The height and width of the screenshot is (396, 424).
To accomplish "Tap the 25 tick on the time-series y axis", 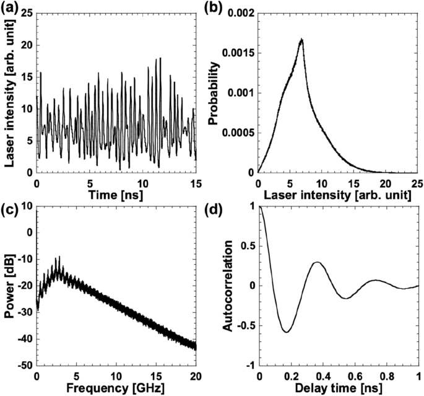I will [x=27, y=14].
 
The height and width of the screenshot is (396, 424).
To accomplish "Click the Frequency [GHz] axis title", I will [x=116, y=389].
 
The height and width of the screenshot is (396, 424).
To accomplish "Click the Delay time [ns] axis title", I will [x=338, y=389].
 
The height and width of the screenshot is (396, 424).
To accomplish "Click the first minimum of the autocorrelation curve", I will [x=285, y=332].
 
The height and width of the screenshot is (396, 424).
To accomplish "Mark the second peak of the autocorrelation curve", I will [x=316, y=262].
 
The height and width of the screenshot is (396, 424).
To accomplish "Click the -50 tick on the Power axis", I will [x=25, y=366].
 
